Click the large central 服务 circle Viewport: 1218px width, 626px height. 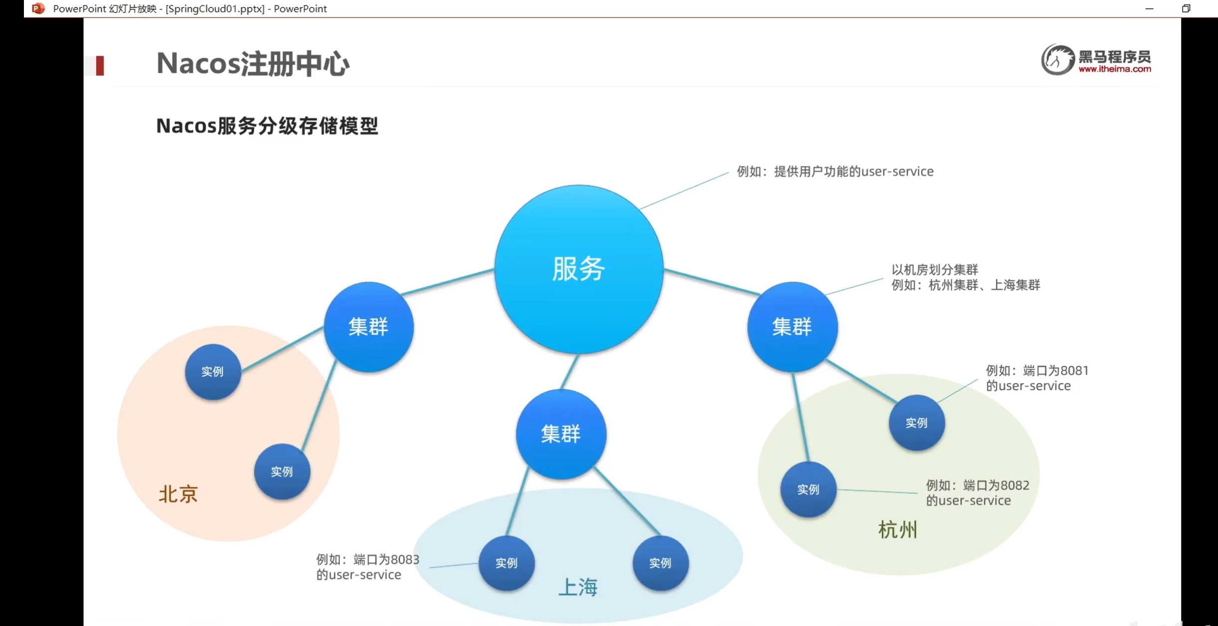tap(579, 269)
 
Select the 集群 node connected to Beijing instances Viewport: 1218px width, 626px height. tap(368, 327)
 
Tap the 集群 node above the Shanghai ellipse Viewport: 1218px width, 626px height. tap(561, 434)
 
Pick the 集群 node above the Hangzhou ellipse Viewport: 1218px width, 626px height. tap(792, 327)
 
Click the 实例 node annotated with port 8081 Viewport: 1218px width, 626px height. tap(916, 423)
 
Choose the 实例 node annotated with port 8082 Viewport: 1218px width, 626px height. tap(808, 489)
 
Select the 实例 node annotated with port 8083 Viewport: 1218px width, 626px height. tap(506, 563)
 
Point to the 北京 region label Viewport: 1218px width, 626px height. tap(178, 494)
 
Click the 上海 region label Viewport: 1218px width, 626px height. tap(578, 587)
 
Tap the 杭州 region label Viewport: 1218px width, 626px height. tap(897, 530)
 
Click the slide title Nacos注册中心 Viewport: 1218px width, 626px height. tap(253, 64)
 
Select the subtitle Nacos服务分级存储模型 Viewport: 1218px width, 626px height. tap(267, 126)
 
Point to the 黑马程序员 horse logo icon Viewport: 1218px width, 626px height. tap(1057, 60)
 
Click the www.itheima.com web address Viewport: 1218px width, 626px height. tap(1115, 69)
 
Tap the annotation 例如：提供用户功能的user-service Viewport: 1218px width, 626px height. tap(835, 171)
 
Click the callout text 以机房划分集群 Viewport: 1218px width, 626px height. tap(934, 270)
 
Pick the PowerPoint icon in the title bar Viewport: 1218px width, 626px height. tap(38, 8)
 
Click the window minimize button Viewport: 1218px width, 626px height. tap(1149, 8)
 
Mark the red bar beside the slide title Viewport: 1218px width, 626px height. tap(100, 65)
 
